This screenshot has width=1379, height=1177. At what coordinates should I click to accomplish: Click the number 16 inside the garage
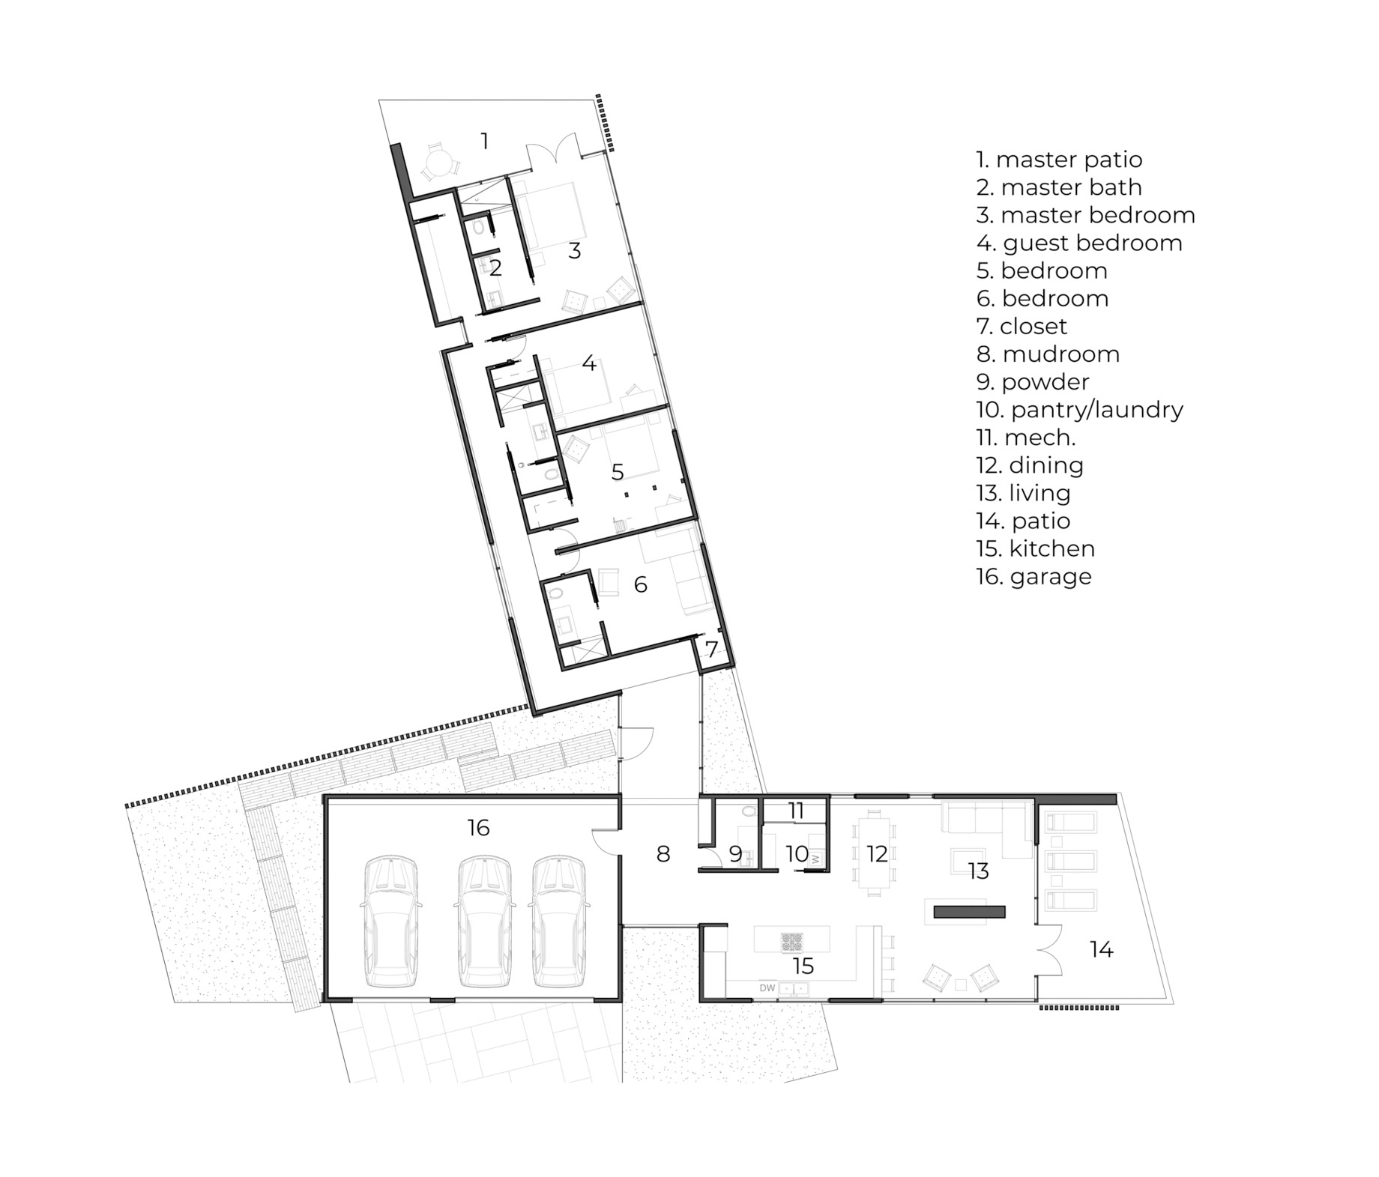click(x=478, y=828)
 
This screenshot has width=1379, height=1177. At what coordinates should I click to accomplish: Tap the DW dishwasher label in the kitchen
click(x=767, y=988)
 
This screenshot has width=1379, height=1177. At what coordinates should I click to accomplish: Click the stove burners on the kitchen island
click(x=791, y=942)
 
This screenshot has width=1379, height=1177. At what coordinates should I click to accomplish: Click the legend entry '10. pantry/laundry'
click(x=1079, y=410)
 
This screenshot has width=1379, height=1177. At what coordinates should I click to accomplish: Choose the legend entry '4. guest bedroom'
click(x=1079, y=243)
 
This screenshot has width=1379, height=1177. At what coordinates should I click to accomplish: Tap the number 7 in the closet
click(x=712, y=650)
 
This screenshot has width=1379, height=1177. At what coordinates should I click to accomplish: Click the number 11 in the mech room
click(x=796, y=811)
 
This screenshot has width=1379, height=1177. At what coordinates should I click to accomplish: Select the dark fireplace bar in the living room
click(x=969, y=912)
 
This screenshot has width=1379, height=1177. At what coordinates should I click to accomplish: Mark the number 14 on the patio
click(x=1101, y=950)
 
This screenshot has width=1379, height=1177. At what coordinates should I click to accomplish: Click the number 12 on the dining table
click(x=877, y=853)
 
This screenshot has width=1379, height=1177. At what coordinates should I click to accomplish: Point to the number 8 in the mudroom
click(x=663, y=853)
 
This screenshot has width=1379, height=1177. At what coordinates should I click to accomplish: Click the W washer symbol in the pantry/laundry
click(x=815, y=859)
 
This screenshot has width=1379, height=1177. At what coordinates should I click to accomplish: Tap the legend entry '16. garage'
click(x=1034, y=577)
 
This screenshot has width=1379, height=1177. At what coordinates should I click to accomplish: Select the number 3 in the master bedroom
click(x=574, y=251)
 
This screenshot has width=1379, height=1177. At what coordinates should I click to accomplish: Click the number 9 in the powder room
click(x=735, y=853)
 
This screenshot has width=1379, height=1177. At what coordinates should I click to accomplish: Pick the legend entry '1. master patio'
click(x=1059, y=160)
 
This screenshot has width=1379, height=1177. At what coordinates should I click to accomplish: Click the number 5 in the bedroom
click(x=618, y=472)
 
